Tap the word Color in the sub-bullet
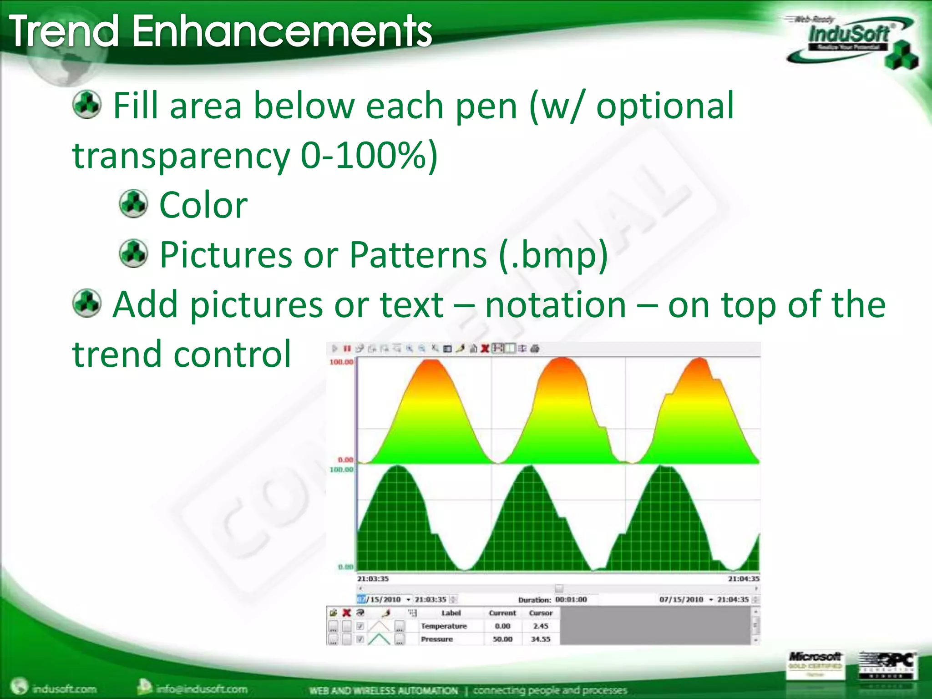pyautogui.click(x=203, y=205)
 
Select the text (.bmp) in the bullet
pyautogui.click(x=553, y=255)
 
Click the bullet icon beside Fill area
pyautogui.click(x=86, y=105)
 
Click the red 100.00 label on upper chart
pyautogui.click(x=341, y=362)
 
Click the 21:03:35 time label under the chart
pyautogui.click(x=373, y=579)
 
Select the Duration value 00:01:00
pyautogui.click(x=571, y=600)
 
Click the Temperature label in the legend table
pyautogui.click(x=444, y=626)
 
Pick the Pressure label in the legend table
pyautogui.click(x=437, y=639)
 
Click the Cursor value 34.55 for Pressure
pyautogui.click(x=541, y=639)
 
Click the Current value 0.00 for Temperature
pyautogui.click(x=502, y=626)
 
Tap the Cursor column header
pyautogui.click(x=541, y=613)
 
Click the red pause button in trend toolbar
pyautogui.click(x=347, y=349)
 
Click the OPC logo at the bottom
pyautogui.click(x=887, y=664)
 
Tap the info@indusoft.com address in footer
pyautogui.click(x=202, y=689)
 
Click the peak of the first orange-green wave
pyautogui.click(x=431, y=360)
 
